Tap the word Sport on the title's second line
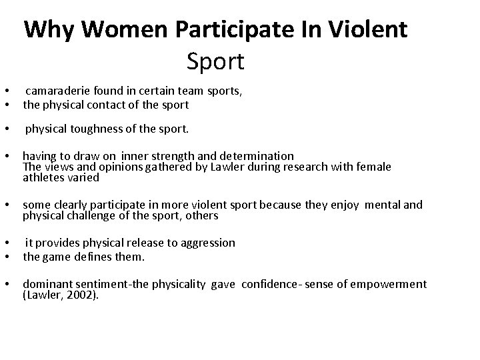point(215,62)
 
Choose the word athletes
point(42,177)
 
